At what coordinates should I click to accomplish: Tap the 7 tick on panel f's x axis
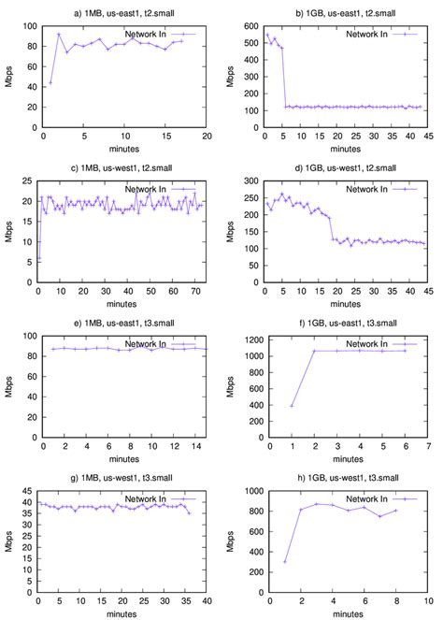[428, 451]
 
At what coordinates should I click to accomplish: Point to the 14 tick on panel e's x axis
[197, 451]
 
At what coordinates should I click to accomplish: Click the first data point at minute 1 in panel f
[291, 406]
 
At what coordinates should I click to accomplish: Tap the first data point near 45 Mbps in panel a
[50, 82]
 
